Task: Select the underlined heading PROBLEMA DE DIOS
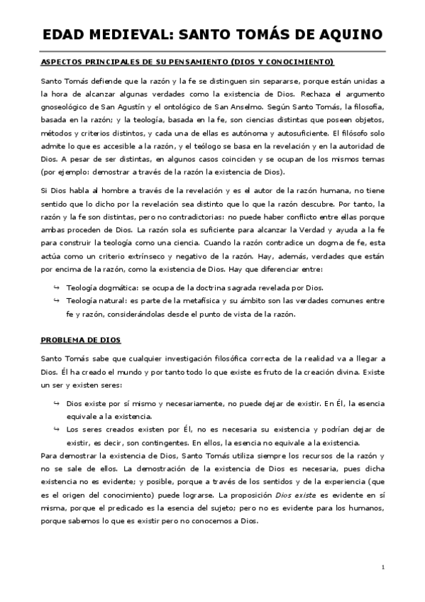coord(81,341)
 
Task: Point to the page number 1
coord(382,567)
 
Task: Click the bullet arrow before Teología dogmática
coord(57,288)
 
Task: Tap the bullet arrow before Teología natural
coord(57,302)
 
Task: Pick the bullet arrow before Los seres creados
coord(57,429)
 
